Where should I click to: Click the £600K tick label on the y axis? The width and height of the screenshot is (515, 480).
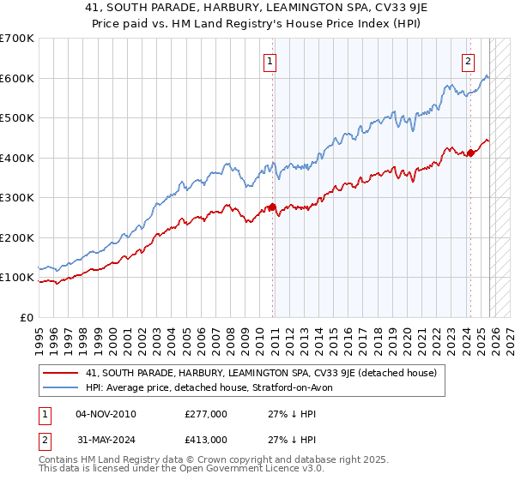pyautogui.click(x=17, y=78)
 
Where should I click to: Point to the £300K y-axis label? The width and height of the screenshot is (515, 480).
pyautogui.click(x=17, y=198)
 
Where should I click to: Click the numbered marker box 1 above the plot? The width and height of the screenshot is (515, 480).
pyautogui.click(x=270, y=61)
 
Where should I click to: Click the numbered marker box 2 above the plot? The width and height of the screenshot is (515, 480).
pyautogui.click(x=469, y=61)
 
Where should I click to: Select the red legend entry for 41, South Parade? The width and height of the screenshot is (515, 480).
pyautogui.click(x=262, y=374)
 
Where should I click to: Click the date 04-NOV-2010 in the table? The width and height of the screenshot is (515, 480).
pyautogui.click(x=106, y=415)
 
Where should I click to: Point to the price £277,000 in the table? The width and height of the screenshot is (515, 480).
pyautogui.click(x=205, y=415)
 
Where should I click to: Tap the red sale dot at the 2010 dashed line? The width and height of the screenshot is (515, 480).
pyautogui.click(x=273, y=207)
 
